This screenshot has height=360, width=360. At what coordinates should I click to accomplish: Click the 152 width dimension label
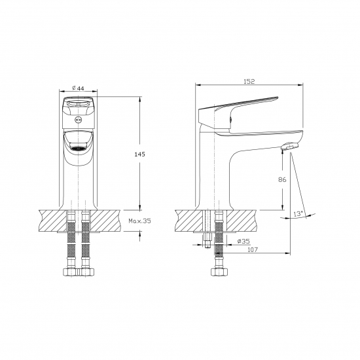pyautogui.click(x=249, y=82)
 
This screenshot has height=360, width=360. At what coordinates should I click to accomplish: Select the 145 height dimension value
pyautogui.click(x=139, y=154)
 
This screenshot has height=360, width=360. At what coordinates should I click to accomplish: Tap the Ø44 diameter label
pyautogui.click(x=78, y=88)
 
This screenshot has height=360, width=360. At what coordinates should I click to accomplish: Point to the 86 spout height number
pyautogui.click(x=282, y=179)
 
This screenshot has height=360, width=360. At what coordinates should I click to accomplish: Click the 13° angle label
pyautogui.click(x=298, y=214)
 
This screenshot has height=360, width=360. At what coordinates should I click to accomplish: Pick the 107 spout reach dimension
pyautogui.click(x=253, y=249)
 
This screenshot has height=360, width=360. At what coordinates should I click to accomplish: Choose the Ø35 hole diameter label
pyautogui.click(x=243, y=241)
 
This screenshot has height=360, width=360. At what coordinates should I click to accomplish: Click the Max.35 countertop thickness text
pyautogui.click(x=139, y=221)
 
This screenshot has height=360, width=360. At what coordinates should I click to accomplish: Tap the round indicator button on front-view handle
pyautogui.click(x=78, y=120)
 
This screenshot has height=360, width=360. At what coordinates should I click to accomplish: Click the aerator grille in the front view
pyautogui.click(x=78, y=148)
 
